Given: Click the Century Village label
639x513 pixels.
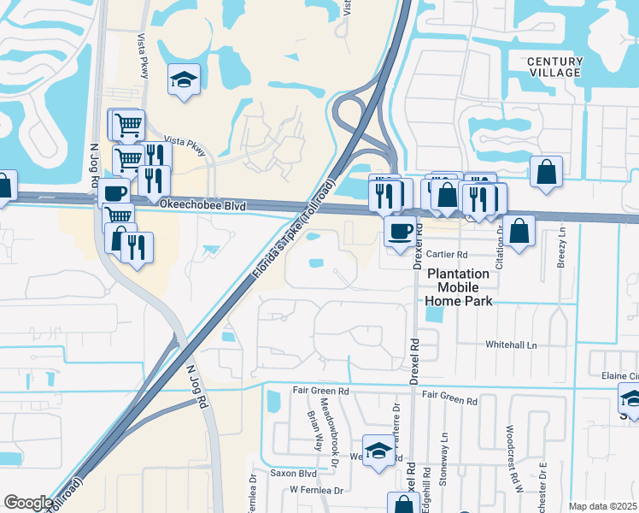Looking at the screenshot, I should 554,68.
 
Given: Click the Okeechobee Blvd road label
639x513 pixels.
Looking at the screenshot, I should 202,206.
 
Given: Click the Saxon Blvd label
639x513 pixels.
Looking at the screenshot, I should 294,473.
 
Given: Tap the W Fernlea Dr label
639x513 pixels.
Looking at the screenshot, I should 316,490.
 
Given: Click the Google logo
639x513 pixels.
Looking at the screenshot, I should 27,503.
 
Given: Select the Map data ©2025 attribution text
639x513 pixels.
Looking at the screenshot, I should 602,506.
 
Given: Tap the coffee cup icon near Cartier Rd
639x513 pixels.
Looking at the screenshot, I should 400,230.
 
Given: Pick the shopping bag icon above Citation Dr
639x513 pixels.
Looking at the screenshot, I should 519,229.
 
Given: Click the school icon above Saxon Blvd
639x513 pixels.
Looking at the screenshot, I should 378,449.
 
